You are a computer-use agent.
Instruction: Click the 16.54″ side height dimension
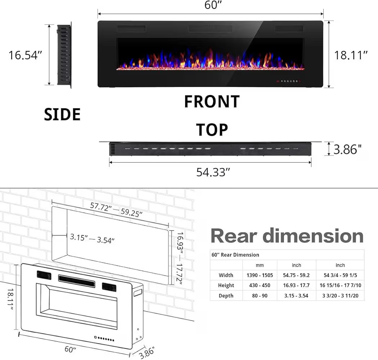pos(26,55)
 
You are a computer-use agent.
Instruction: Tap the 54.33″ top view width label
pos(213,172)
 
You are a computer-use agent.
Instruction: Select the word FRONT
pos(212,102)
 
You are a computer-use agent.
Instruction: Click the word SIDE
pos(62,115)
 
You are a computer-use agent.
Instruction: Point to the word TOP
pos(212,129)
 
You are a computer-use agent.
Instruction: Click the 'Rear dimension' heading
pos(287,236)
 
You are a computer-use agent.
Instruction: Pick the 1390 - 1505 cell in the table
pos(260,275)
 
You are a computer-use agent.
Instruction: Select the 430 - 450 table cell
pos(260,285)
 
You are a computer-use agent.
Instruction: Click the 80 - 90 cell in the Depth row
pos(260,296)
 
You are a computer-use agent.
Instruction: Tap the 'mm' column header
pos(260,265)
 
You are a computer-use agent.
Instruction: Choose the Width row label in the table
pos(226,275)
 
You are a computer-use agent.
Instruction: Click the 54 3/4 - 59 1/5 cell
pos(340,275)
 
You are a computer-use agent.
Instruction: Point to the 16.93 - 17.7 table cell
pos(296,285)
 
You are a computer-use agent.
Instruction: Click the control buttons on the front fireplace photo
pos(289,81)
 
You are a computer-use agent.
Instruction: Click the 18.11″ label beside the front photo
pos(351,55)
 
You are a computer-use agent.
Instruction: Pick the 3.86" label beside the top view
pos(347,149)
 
